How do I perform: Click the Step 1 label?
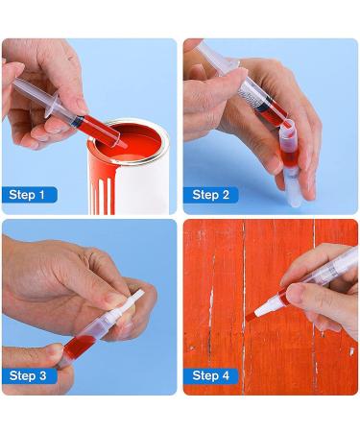[27, 195]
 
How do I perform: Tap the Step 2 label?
[211, 195]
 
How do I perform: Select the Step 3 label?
[28, 375]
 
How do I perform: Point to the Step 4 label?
[211, 375]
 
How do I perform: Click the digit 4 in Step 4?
[226, 375]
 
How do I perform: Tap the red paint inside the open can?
[134, 146]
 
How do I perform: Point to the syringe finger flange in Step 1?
[51, 104]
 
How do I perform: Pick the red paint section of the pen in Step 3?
[80, 345]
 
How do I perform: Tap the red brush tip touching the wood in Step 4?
[251, 317]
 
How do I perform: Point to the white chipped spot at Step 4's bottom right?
[351, 351]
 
